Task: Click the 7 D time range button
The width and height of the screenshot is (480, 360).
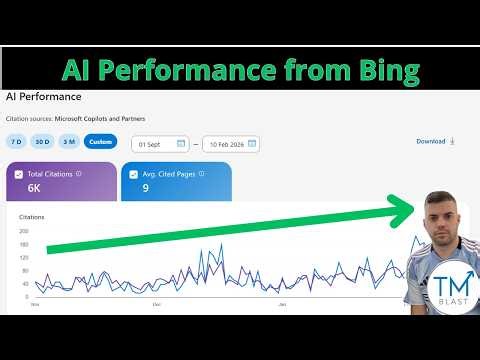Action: [x=16, y=142]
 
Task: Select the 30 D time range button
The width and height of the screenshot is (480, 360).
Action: [x=42, y=142]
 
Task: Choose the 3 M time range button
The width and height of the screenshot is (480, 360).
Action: [x=69, y=142]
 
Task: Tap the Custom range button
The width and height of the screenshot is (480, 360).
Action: [x=100, y=142]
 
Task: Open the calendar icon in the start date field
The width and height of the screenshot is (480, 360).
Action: [x=181, y=143]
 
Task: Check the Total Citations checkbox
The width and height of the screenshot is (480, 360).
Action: [x=18, y=174]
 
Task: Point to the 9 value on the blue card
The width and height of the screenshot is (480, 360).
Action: [x=146, y=188]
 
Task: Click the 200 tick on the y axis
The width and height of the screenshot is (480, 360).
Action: [x=24, y=230]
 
